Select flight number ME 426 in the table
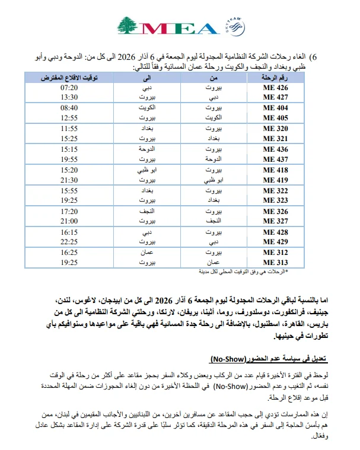click(x=275, y=88)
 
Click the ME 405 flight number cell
click(x=275, y=117)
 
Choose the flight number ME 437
click(x=275, y=159)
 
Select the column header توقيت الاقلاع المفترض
click(x=69, y=78)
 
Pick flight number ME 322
click(x=275, y=191)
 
